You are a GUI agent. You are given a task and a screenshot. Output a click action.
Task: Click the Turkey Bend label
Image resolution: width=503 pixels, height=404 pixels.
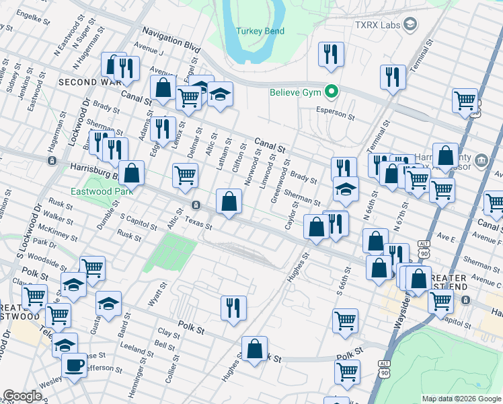(x=260, y=31)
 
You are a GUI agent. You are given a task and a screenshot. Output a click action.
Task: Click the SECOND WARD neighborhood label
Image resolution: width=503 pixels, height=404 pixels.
(x=88, y=81)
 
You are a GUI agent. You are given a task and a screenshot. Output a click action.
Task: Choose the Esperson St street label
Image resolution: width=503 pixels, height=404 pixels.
(x=335, y=115)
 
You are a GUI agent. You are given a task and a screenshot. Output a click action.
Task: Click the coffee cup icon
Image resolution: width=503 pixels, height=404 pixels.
(x=74, y=366)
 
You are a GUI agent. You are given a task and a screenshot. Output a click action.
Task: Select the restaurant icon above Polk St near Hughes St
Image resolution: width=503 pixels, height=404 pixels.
(x=233, y=308)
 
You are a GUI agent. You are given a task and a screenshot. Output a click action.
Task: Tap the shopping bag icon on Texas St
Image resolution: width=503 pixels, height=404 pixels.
(x=229, y=201)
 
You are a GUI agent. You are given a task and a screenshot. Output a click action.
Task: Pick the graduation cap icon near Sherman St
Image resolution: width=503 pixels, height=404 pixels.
(x=346, y=189)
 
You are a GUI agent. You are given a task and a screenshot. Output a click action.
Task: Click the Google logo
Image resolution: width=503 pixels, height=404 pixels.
(x=22, y=396)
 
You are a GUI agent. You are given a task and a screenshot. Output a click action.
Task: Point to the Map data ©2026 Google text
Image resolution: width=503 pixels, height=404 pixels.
(x=461, y=399)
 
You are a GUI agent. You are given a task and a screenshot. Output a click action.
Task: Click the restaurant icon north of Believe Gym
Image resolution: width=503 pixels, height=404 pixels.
(x=331, y=55)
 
